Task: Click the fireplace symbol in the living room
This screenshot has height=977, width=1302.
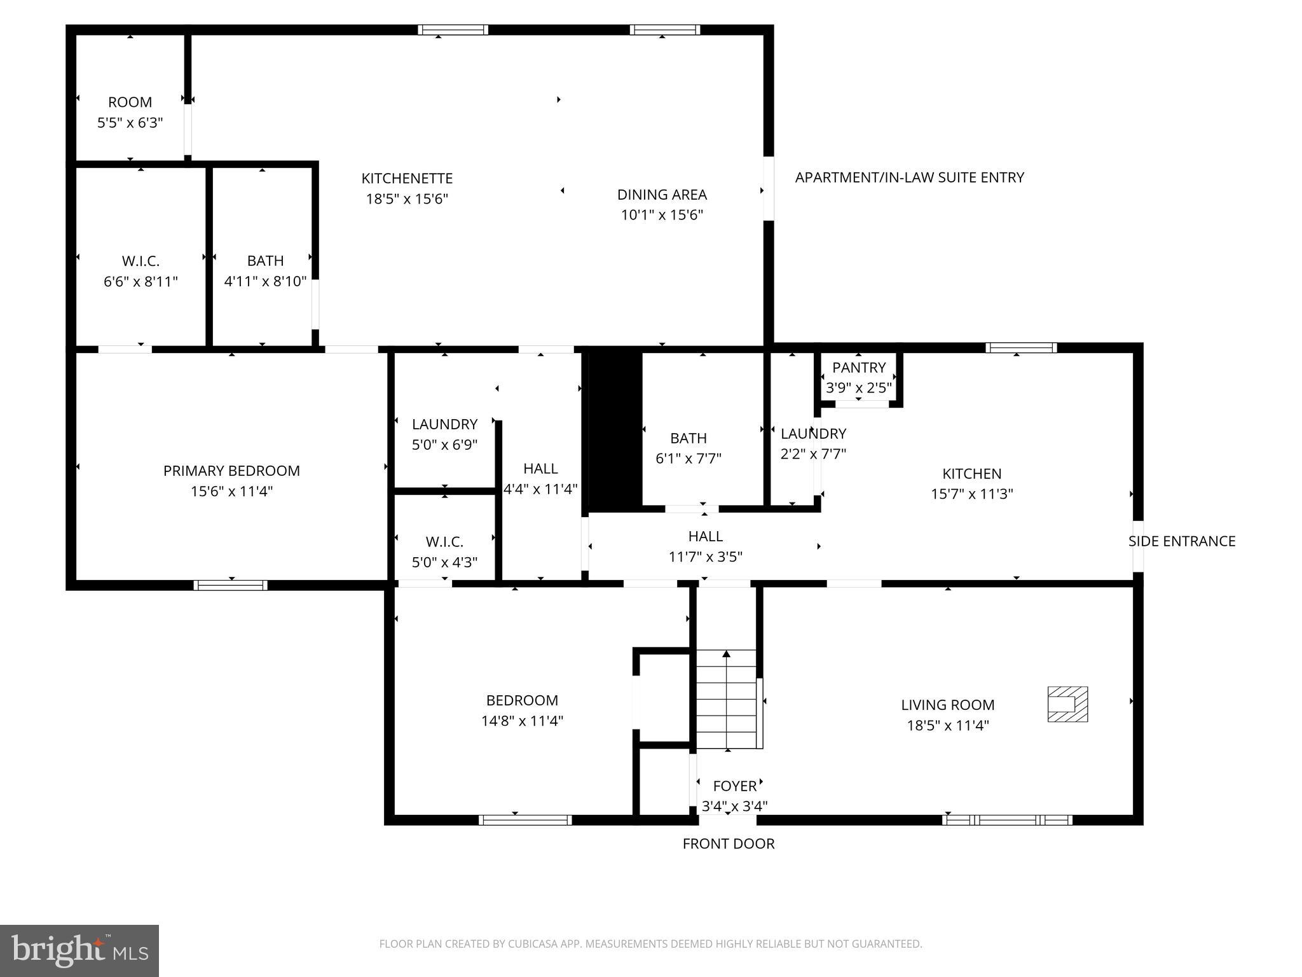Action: (1067, 704)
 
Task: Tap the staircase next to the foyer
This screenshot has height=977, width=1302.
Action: (727, 700)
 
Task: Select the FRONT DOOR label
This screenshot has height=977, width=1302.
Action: (728, 843)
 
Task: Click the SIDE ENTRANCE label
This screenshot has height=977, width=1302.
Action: (1181, 541)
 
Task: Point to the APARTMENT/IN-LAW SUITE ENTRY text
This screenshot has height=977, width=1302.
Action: (909, 177)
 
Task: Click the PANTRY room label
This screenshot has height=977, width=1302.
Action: (858, 368)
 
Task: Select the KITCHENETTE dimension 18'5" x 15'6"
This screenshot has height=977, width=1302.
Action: (407, 199)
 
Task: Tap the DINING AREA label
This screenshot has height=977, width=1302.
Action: (661, 195)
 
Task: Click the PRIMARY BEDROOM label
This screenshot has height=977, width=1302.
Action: (231, 471)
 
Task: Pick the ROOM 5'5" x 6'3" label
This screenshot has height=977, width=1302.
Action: (130, 112)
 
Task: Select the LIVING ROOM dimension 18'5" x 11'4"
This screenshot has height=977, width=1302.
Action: (947, 725)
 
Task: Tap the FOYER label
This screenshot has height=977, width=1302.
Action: (734, 786)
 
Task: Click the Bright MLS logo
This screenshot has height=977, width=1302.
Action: (79, 950)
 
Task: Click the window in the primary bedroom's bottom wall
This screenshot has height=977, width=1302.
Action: (230, 585)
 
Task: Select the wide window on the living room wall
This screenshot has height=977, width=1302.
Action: (1007, 820)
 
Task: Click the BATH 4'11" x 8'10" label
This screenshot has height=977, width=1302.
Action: (265, 271)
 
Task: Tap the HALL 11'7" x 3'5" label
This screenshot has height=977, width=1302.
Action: (705, 546)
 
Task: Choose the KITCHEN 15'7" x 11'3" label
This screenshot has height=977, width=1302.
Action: (971, 483)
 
